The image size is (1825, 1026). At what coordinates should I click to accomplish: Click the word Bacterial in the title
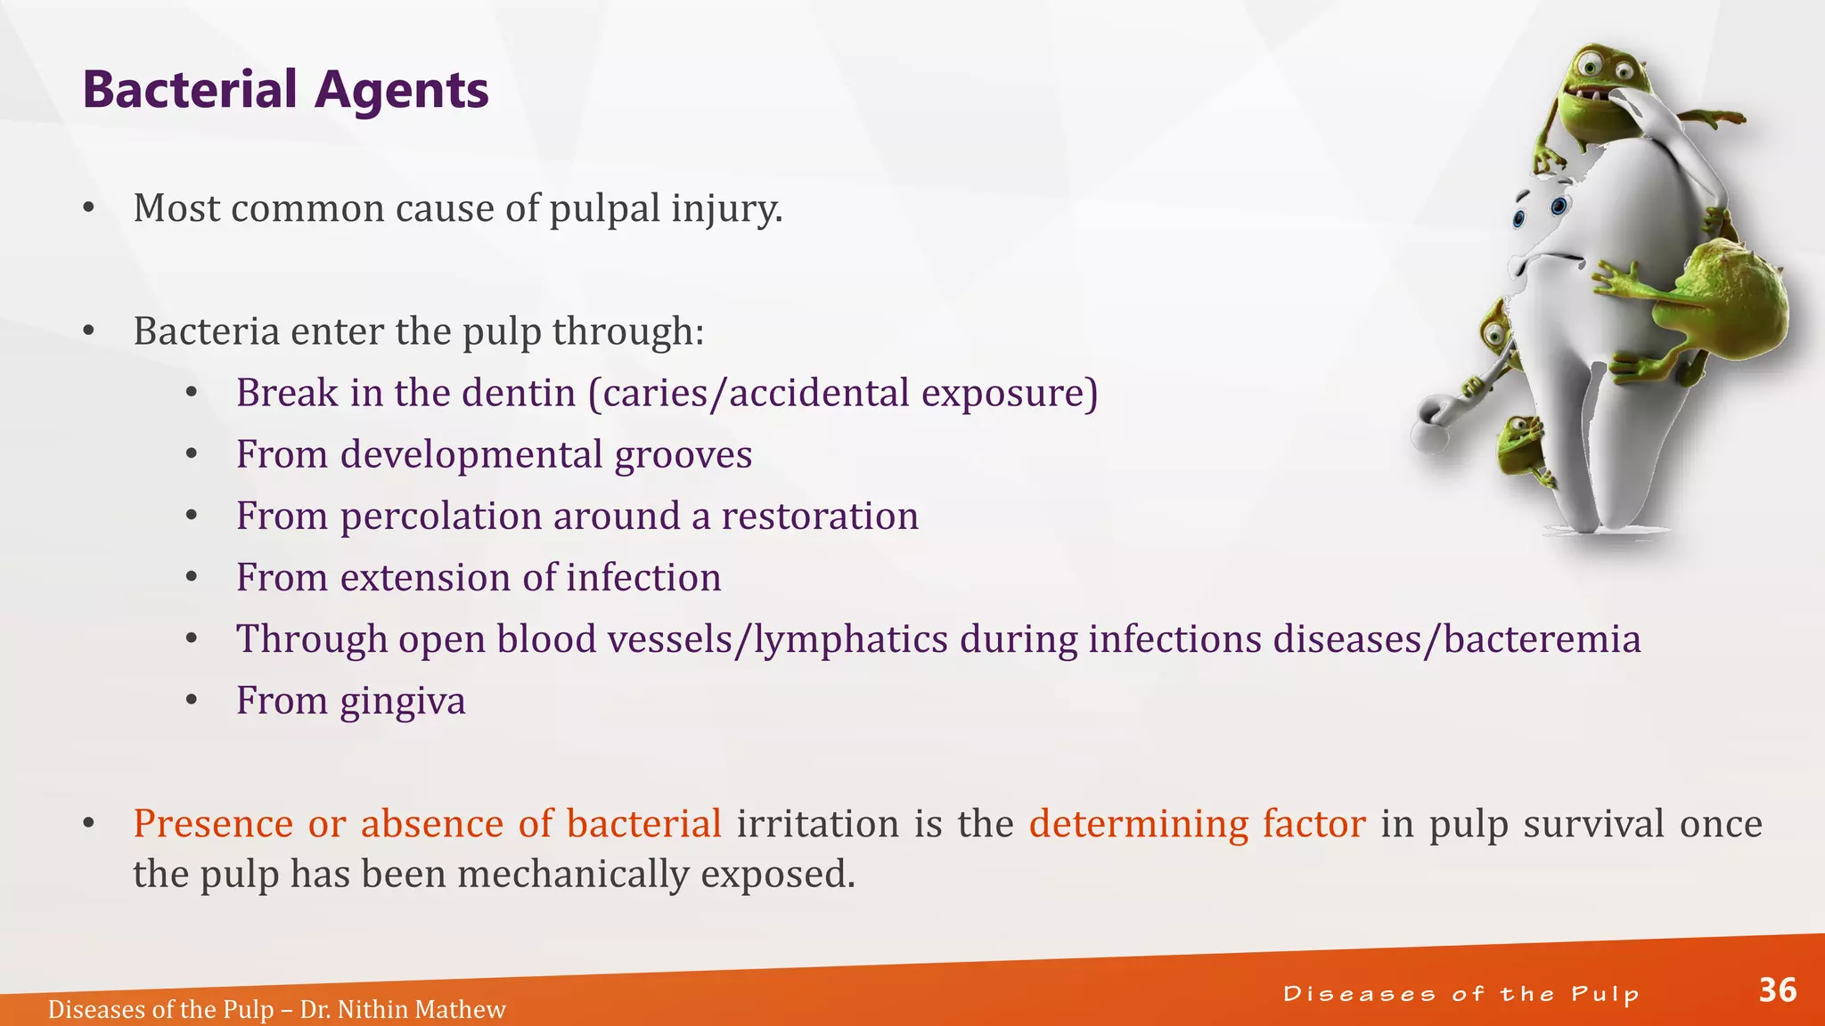190,90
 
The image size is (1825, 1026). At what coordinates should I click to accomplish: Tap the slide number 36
1777,990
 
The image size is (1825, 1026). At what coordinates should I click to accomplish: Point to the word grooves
683,455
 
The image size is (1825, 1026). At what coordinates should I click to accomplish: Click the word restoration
819,517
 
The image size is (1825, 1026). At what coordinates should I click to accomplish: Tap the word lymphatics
851,639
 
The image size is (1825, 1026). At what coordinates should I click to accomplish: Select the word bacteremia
1542,639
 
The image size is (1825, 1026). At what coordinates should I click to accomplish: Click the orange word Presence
212,824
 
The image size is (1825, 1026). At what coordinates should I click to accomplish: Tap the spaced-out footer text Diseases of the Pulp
1461,994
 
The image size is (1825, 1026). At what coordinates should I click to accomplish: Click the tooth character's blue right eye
1559,207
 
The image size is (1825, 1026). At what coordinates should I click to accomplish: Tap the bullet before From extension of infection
192,578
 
